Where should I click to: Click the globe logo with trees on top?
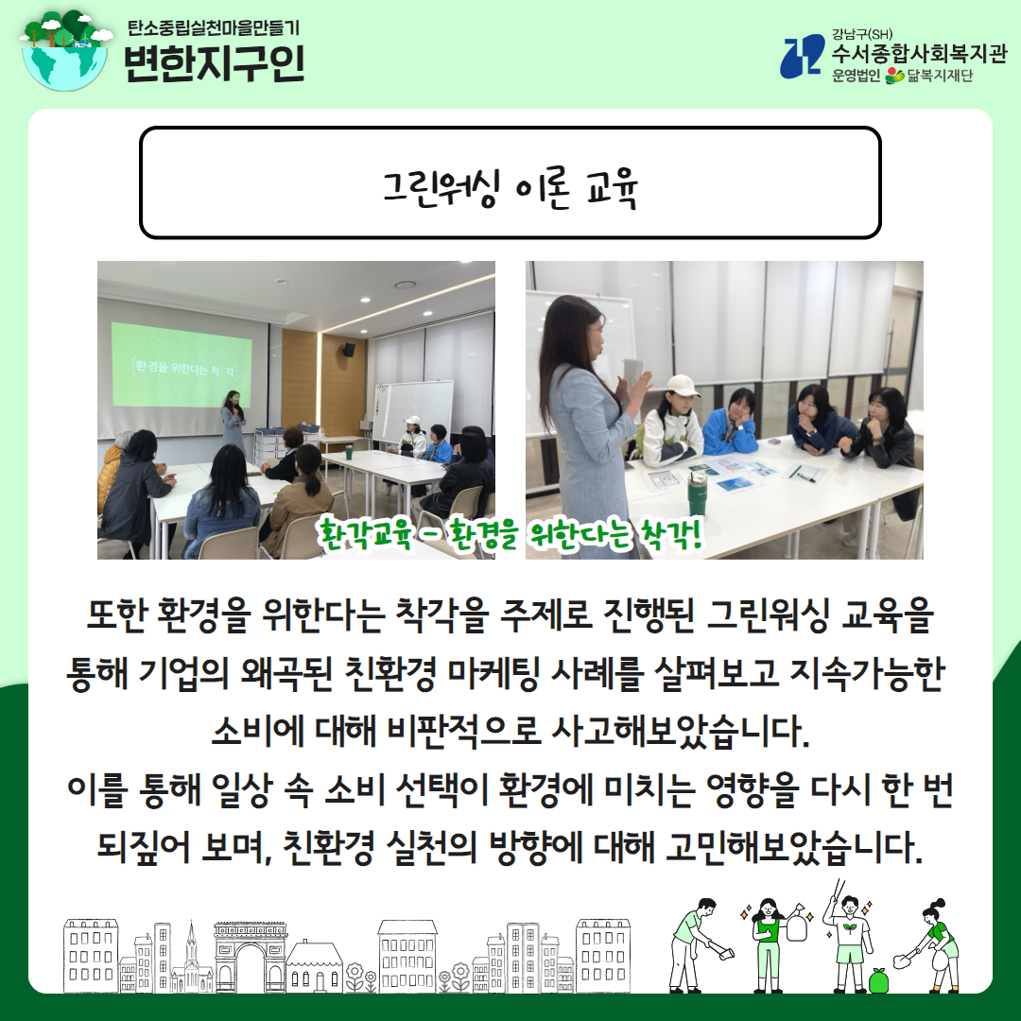click(65, 51)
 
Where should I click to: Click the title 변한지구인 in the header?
click(215, 63)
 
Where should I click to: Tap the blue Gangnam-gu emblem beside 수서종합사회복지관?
click(803, 58)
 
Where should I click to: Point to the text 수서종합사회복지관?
click(919, 52)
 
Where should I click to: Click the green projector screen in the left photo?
click(181, 365)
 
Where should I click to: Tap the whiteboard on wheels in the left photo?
click(412, 410)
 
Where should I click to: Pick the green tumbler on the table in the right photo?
click(697, 493)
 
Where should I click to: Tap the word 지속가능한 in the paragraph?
click(866, 673)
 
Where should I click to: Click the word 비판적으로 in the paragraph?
click(463, 731)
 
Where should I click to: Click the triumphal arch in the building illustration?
click(251, 957)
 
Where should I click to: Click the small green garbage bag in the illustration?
click(879, 980)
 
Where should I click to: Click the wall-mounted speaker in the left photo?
click(350, 349)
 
